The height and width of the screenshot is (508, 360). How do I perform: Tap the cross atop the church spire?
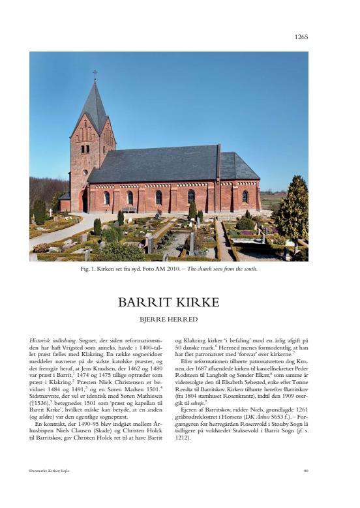[95, 73]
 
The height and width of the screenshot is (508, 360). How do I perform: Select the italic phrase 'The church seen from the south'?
[222, 269]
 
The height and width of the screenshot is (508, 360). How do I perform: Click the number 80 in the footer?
[305, 470]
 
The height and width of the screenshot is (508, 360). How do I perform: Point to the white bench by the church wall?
[130, 209]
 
